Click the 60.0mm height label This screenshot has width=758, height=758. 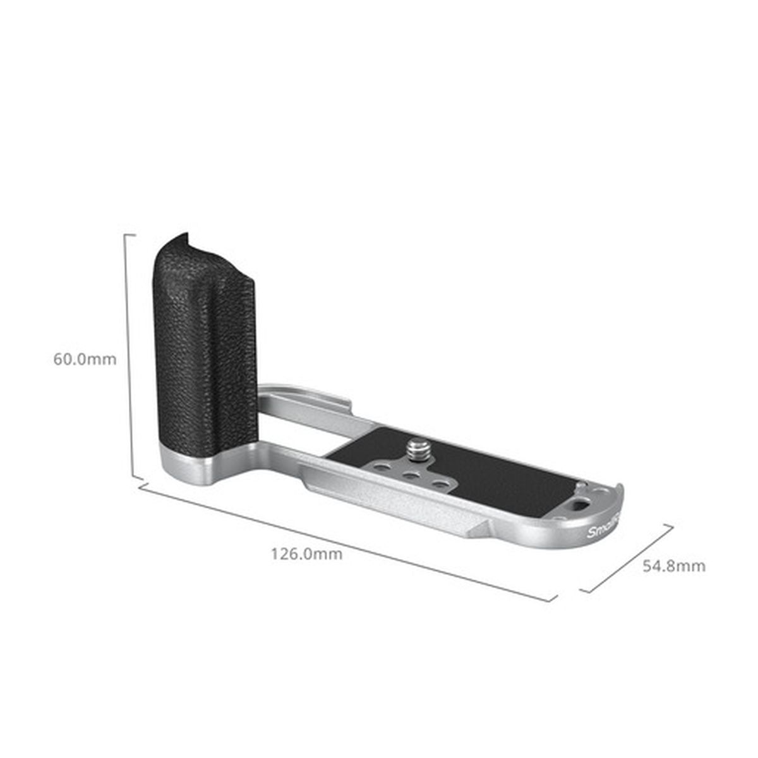point(85,359)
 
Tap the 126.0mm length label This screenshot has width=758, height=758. point(306,554)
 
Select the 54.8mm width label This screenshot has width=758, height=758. point(674,565)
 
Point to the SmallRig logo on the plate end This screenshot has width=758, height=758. point(604,529)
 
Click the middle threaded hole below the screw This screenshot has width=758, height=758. point(409,477)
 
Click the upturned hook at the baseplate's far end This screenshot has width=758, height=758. point(619,493)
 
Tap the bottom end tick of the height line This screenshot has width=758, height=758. point(135,478)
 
